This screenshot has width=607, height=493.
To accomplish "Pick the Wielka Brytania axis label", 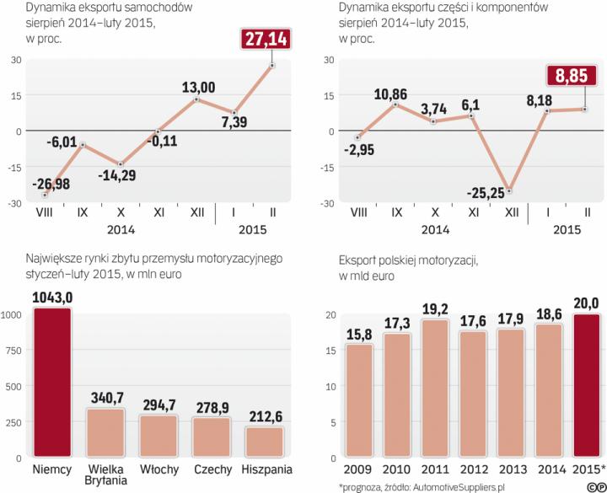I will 105,474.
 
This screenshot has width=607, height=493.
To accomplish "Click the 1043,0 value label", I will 52,297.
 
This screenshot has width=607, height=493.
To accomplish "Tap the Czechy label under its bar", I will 211,468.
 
